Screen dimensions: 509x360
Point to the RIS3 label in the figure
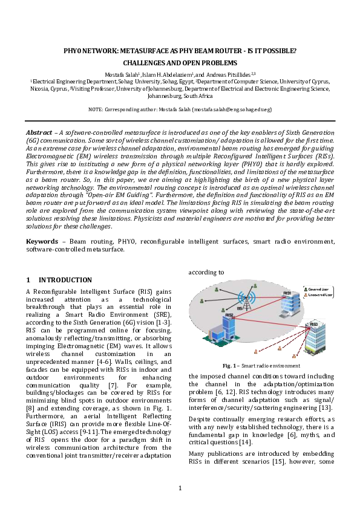click(x=313, y=324)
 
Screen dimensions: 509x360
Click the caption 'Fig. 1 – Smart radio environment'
click(x=261, y=366)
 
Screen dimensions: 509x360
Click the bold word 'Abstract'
click(x=39, y=132)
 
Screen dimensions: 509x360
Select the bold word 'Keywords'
click(x=42, y=241)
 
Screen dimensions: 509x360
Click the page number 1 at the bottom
click(x=180, y=488)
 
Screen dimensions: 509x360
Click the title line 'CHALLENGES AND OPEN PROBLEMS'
click(x=180, y=62)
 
